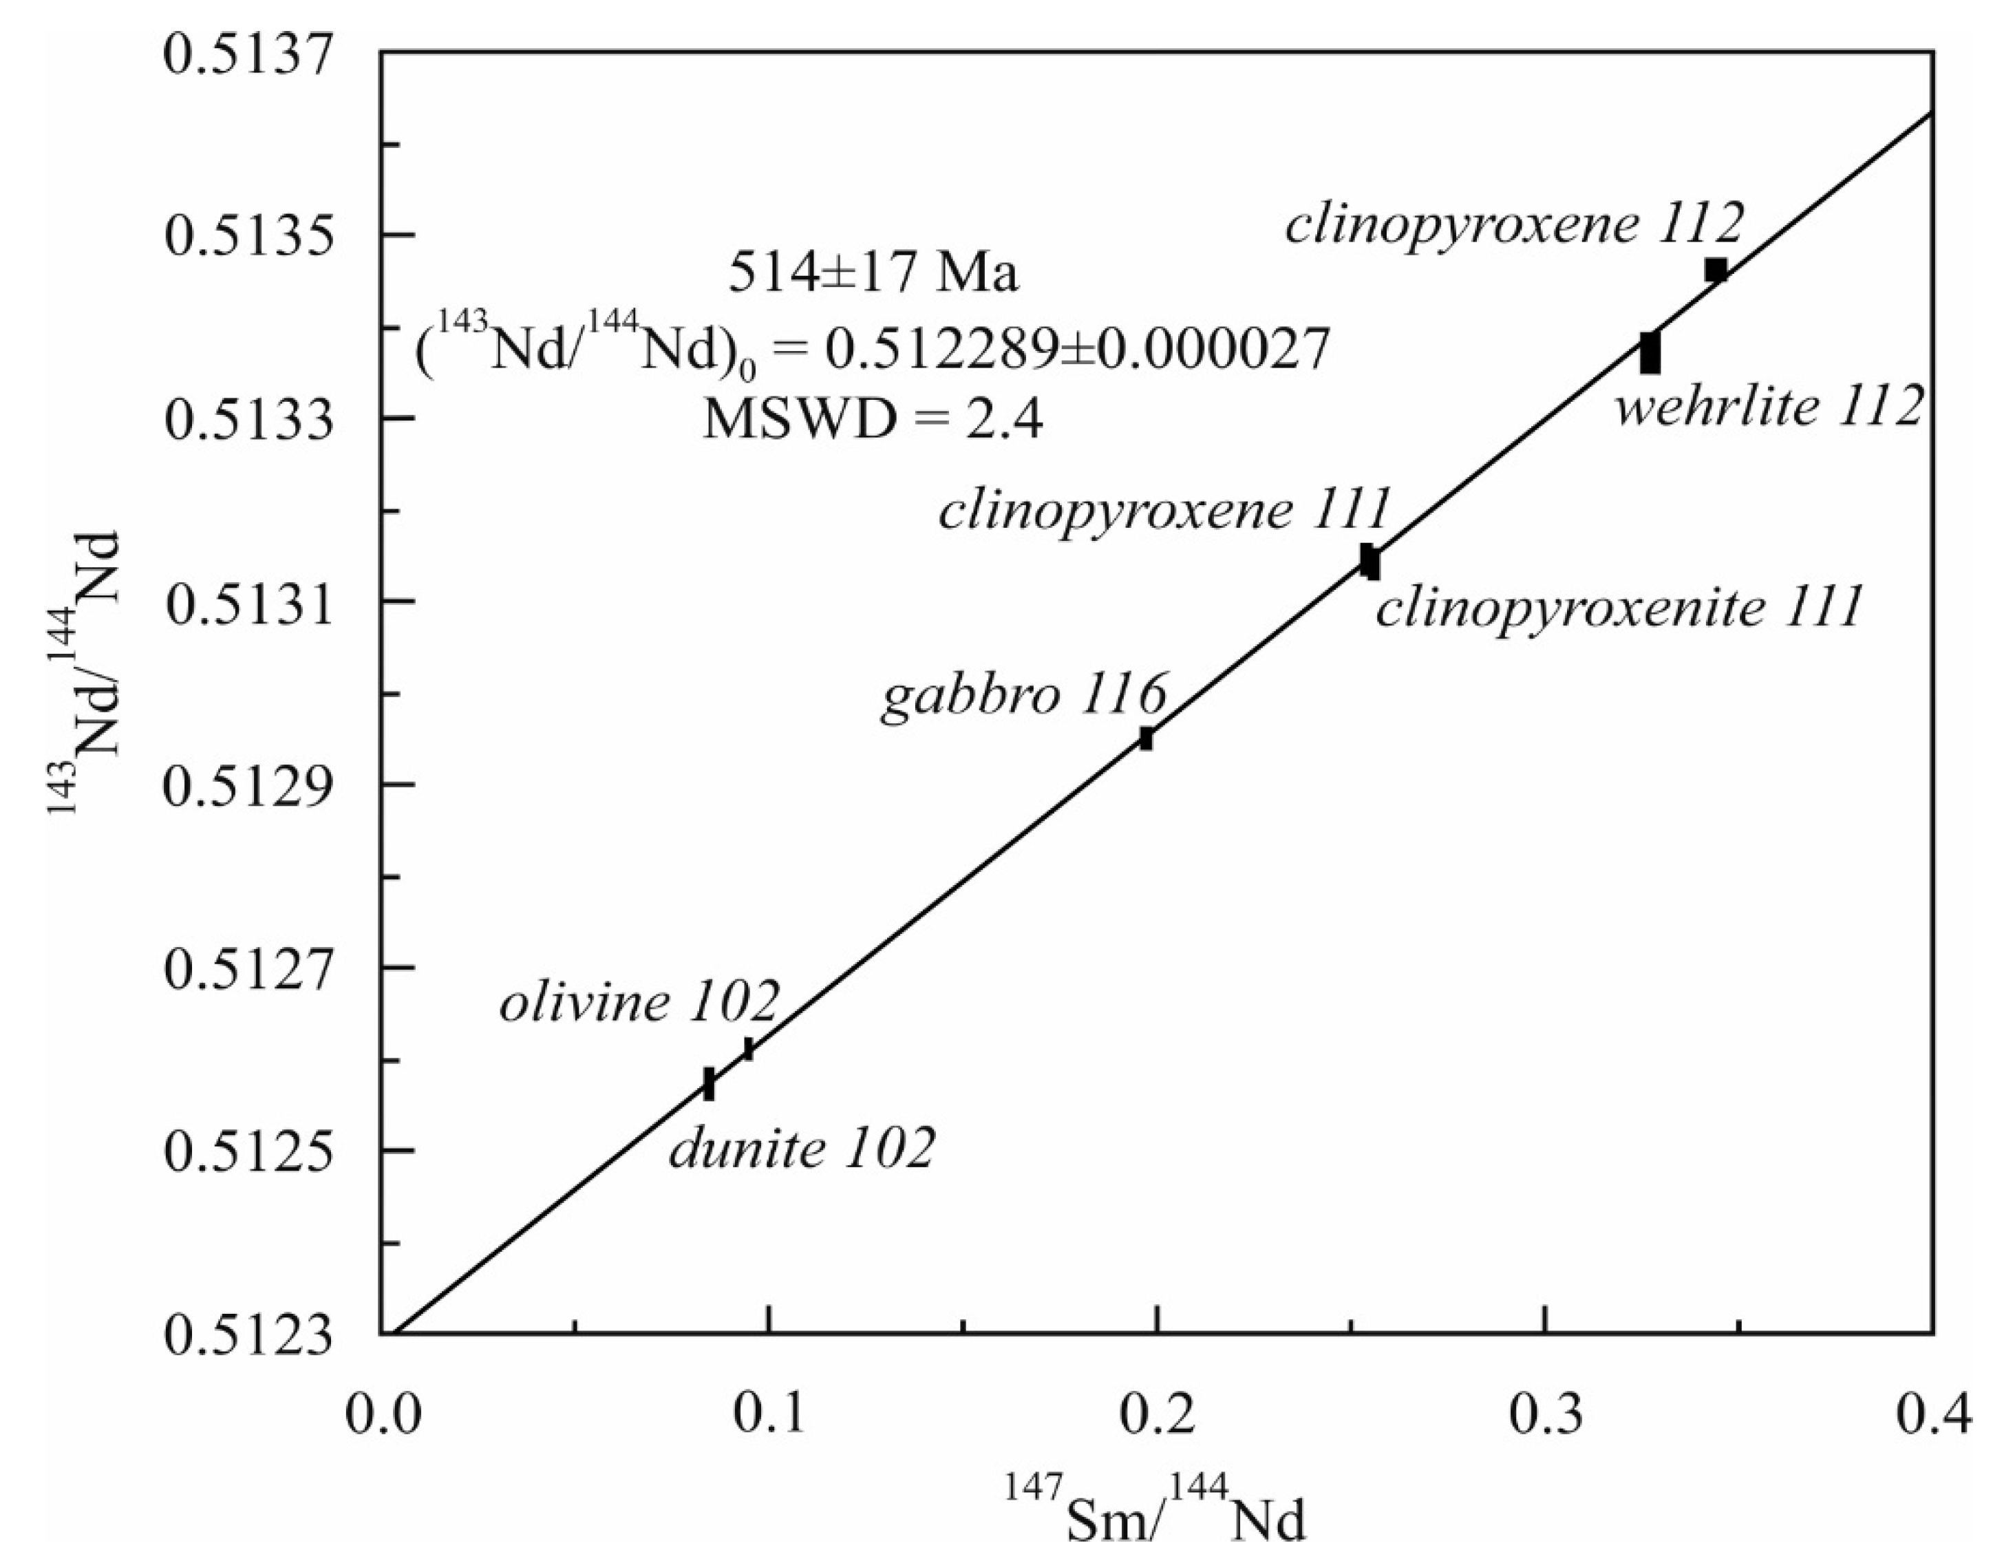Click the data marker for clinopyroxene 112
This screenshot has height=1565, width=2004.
1716,270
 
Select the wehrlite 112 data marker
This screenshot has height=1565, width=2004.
1650,353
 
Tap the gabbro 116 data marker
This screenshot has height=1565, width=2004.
1146,738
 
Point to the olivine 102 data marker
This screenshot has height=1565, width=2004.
749,1049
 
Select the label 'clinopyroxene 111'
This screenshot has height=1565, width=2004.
1164,510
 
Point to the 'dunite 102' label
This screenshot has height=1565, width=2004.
802,1149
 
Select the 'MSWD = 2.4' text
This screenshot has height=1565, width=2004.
872,423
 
